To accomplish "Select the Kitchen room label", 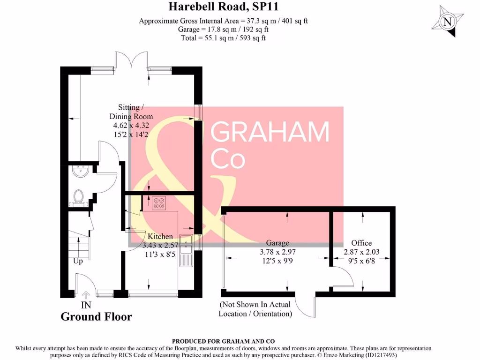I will coord(160,236).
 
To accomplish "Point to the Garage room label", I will coord(277,243).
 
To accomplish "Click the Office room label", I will coord(361,243).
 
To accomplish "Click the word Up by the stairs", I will coord(78,261).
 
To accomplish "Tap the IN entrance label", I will coord(86,305).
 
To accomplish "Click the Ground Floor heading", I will coord(96,317).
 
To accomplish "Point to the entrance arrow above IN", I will coord(86,295).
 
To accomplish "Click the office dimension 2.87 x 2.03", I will coord(361,252).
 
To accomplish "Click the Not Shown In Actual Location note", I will coord(255,309).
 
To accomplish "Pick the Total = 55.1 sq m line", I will coord(223,37).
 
